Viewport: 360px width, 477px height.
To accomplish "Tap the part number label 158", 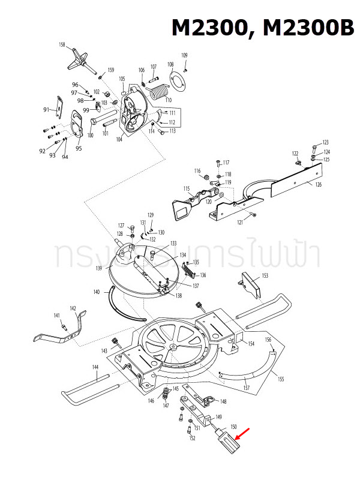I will pyautogui.click(x=62, y=45).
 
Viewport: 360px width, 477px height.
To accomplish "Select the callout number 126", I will pyautogui.click(x=318, y=185).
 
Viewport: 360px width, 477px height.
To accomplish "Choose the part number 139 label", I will pyautogui.click(x=98, y=268).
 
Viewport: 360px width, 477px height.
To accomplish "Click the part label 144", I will pyautogui.click(x=95, y=367).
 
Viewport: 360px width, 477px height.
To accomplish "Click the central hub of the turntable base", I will pyautogui.click(x=173, y=346).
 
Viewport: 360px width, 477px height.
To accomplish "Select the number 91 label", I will pyautogui.click(x=46, y=110).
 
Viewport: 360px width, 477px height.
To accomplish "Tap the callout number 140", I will pyautogui.click(x=97, y=292).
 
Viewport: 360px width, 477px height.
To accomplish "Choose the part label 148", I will pyautogui.click(x=223, y=401).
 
